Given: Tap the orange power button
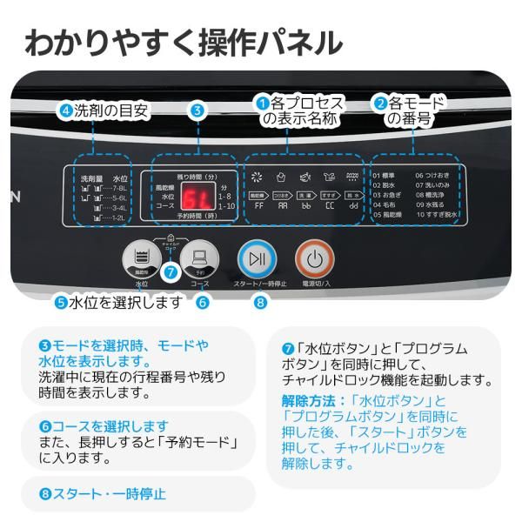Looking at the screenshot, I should (x=314, y=258).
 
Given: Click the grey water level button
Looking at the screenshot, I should (x=141, y=258).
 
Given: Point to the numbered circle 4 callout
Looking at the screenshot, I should (x=64, y=110).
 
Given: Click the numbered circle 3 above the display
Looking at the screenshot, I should (x=197, y=110).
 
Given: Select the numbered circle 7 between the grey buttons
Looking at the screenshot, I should (x=171, y=271).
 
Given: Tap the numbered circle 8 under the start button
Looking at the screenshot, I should (x=260, y=303).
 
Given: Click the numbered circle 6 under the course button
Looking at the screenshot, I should (x=202, y=303).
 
